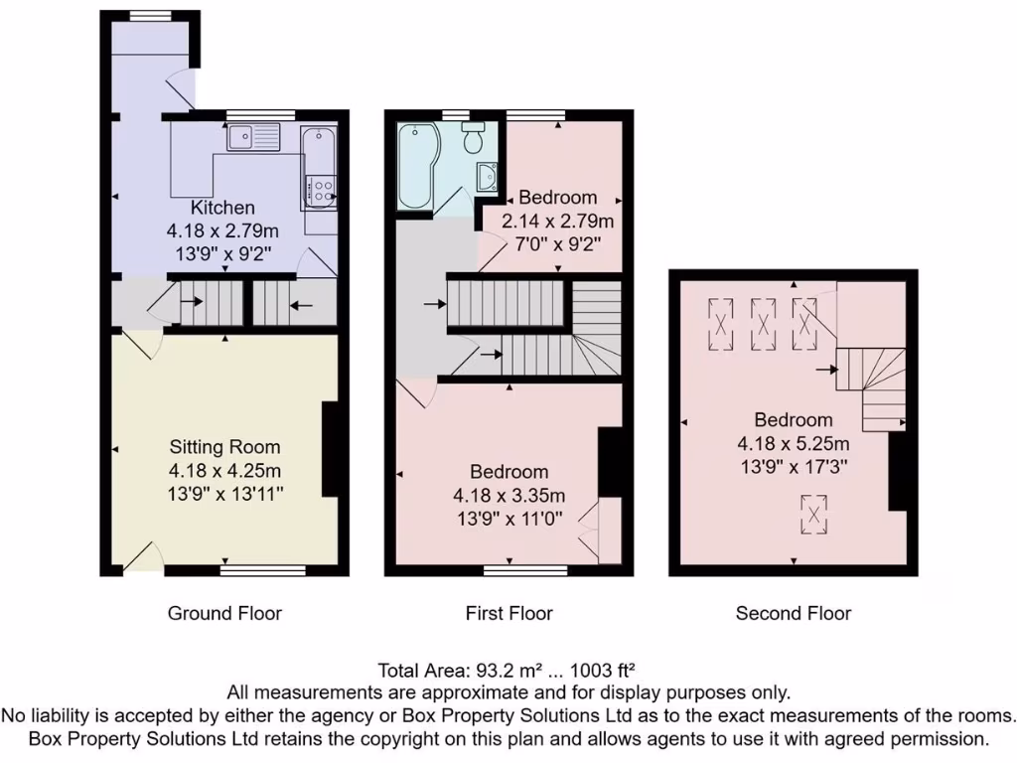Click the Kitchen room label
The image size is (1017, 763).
tap(222, 208)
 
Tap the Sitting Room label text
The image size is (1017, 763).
tap(224, 447)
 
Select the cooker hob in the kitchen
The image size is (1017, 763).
tap(320, 187)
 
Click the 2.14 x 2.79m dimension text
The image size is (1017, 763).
tap(558, 220)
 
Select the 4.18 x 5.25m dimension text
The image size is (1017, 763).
tap(793, 442)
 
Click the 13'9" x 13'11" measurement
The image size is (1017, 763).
tap(224, 493)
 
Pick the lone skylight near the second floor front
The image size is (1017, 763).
tap(813, 514)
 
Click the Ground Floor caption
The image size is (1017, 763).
tap(224, 613)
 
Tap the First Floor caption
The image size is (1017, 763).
tap(508, 613)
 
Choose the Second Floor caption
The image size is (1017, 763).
tap(793, 613)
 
